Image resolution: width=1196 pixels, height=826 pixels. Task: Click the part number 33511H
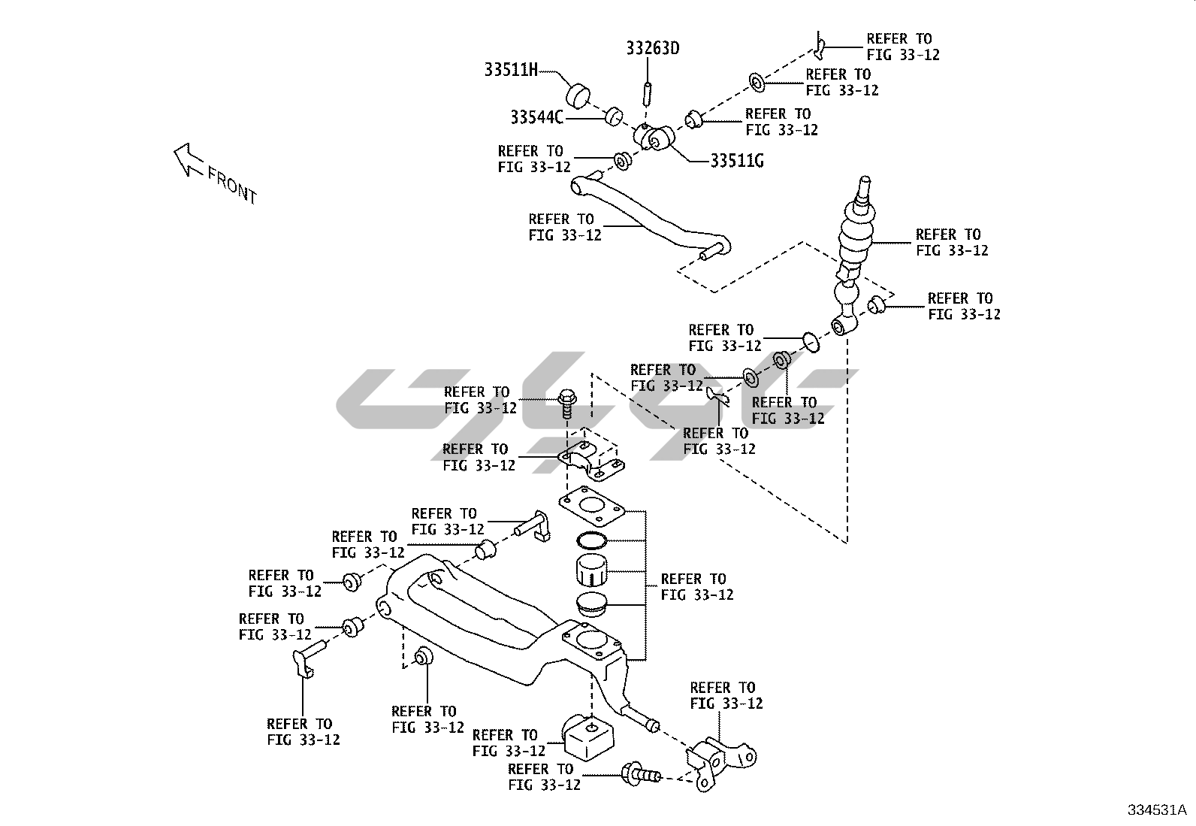point(511,70)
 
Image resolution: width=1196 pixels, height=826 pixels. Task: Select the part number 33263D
point(652,49)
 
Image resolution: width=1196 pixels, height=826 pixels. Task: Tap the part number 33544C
point(536,117)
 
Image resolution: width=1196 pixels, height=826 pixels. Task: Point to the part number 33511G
point(737,161)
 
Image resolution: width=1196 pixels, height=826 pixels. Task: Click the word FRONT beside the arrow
point(232,185)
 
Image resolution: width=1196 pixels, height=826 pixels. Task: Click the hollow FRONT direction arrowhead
point(187,159)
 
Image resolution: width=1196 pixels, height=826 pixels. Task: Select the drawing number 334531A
point(1157,810)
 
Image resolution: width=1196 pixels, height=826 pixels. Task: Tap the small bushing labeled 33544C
point(614,116)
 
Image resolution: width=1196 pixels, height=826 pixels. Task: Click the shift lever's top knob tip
point(865,180)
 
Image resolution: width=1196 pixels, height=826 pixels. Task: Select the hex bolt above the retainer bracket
point(566,404)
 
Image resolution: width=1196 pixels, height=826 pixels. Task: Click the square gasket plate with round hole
point(591,505)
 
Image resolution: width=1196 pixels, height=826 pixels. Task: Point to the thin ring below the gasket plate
point(591,540)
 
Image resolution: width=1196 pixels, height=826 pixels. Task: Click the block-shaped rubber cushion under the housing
point(587,738)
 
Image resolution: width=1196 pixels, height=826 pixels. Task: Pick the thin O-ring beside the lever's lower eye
point(811,342)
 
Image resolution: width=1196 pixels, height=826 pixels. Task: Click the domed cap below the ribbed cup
point(591,603)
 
